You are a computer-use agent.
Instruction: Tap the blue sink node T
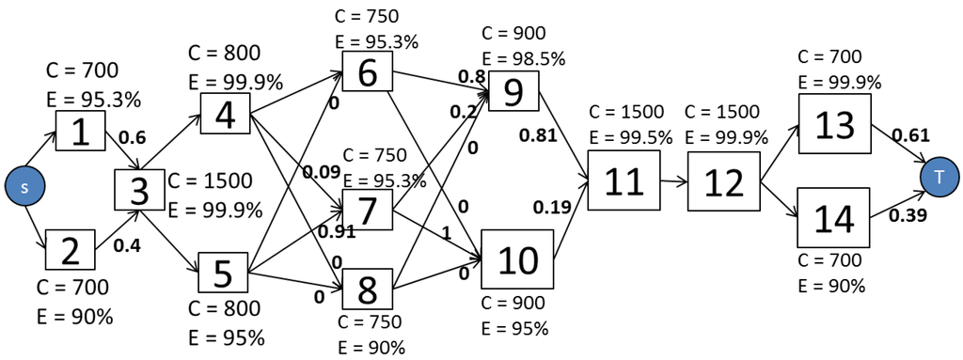[938, 176]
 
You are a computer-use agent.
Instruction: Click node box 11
[624, 180]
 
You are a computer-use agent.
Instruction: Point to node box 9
[513, 92]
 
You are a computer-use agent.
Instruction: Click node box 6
[368, 71]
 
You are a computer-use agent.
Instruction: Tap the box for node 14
[833, 218]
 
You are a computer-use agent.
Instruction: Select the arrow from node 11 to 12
[672, 180]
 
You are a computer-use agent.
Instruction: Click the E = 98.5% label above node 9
[523, 58]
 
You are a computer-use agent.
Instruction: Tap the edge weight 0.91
[336, 230]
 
